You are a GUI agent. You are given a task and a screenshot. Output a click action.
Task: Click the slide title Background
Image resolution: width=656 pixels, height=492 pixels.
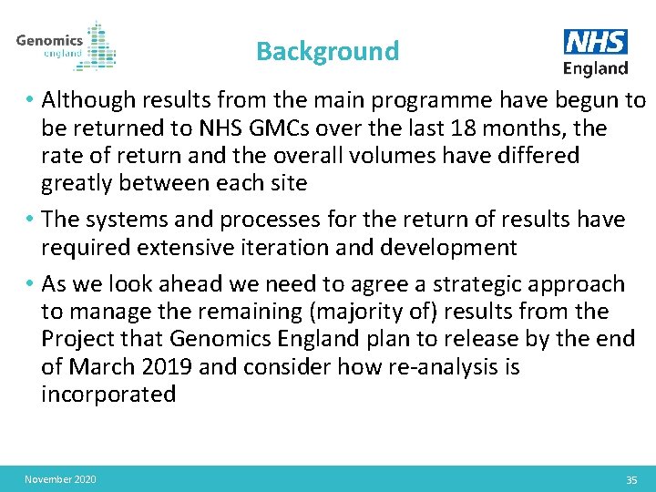click(327, 51)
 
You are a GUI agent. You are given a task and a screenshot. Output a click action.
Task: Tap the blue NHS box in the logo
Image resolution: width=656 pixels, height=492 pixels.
click(596, 42)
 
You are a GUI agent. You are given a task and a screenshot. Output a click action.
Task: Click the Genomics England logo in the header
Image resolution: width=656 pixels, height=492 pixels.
click(66, 45)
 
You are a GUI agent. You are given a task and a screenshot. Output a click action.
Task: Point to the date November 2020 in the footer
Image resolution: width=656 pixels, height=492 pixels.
click(60, 479)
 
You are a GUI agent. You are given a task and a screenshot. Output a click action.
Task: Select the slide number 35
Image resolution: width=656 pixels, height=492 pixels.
click(631, 480)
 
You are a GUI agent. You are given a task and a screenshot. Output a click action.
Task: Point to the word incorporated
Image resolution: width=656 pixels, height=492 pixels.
click(108, 395)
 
